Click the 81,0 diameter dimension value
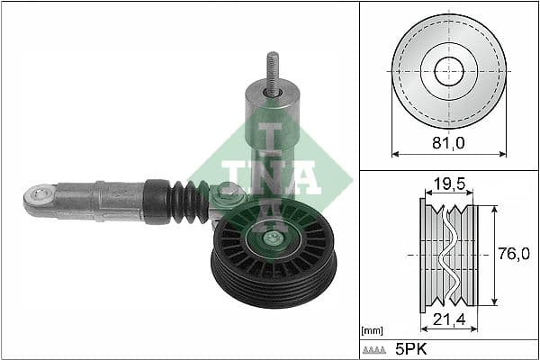pyautogui.click(x=449, y=143)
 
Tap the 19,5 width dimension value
pyautogui.click(x=447, y=184)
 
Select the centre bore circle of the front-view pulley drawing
pyautogui.click(x=449, y=72)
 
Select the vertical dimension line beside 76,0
pyautogui.click(x=494, y=255)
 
